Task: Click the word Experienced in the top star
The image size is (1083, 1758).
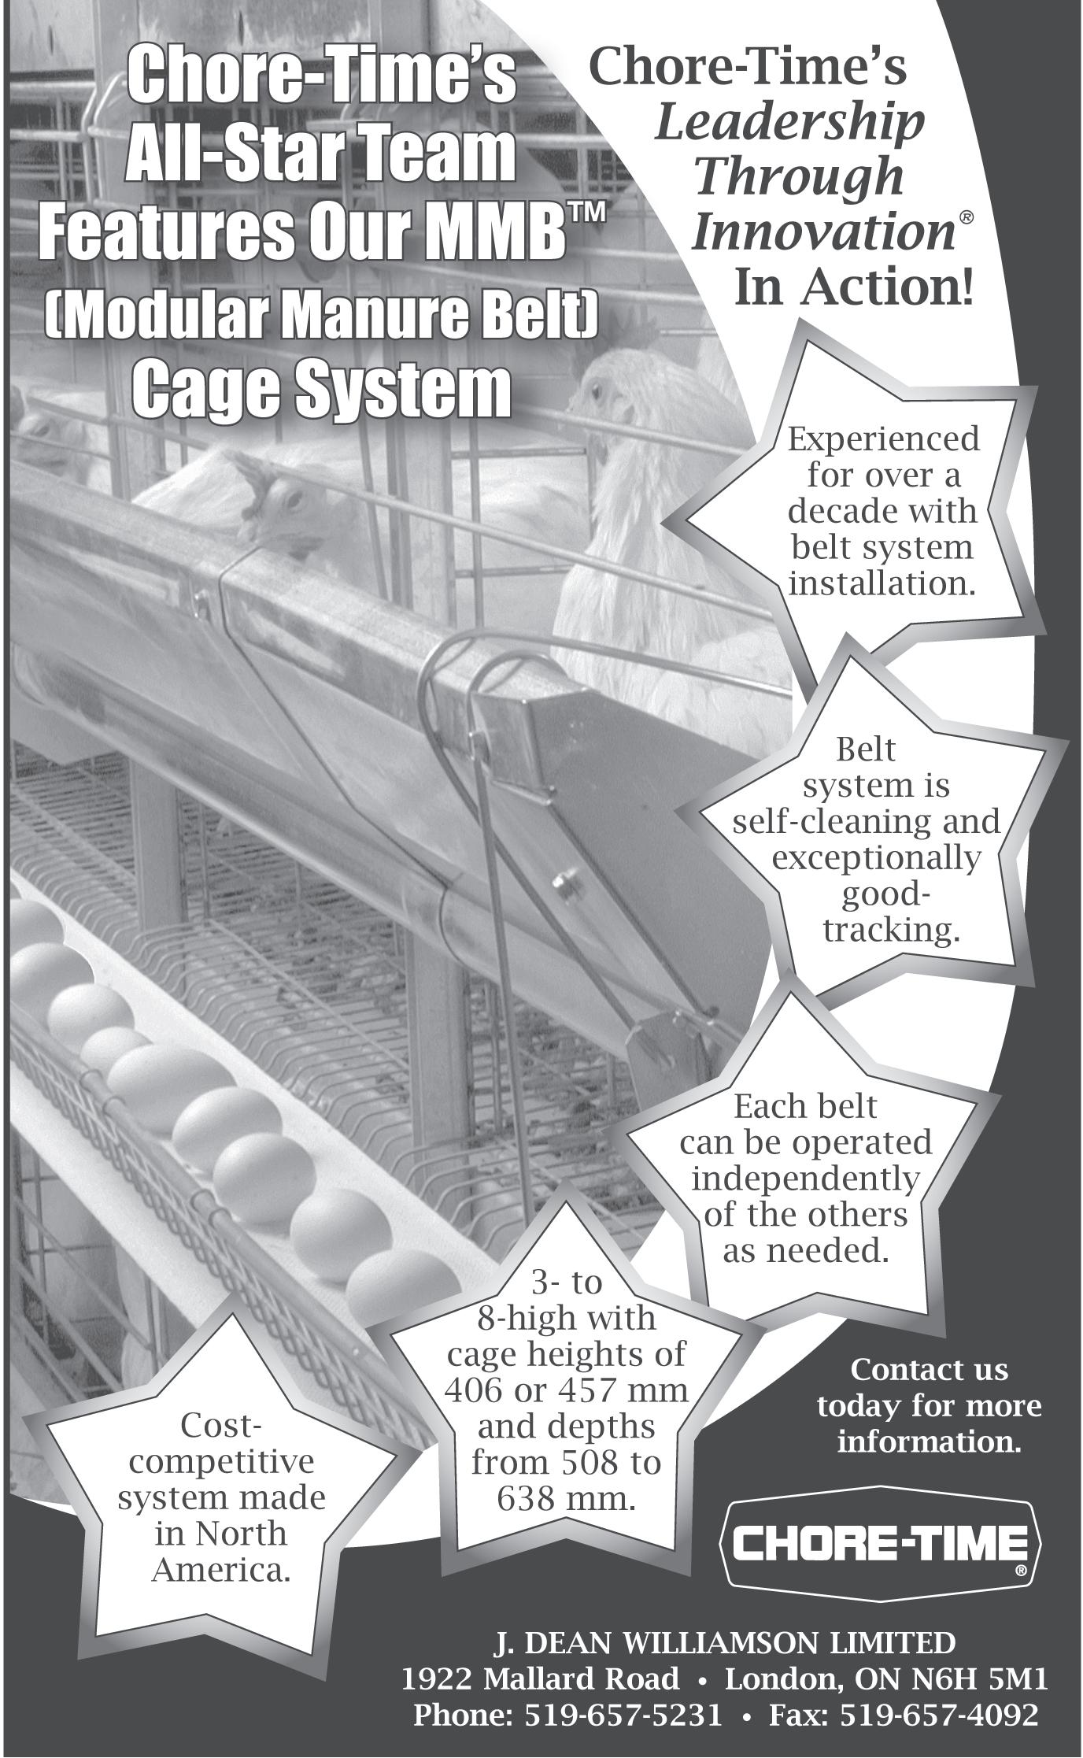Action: (884, 439)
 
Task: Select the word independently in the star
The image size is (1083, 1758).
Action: (805, 1178)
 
